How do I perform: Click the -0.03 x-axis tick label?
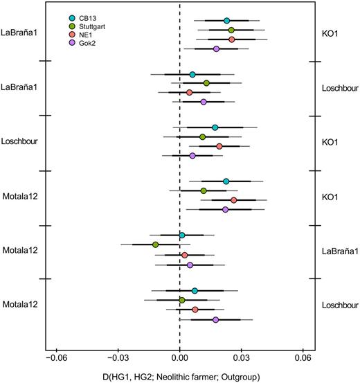point(118,359)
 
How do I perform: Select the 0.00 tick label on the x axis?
point(180,359)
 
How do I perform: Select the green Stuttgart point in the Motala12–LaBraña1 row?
point(156,245)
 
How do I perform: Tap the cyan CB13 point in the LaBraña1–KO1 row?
point(227,21)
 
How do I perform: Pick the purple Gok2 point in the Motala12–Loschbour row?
point(216,320)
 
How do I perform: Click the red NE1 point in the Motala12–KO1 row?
point(234,200)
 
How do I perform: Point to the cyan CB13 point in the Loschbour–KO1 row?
point(215,127)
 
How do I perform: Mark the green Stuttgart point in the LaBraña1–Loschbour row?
point(206,83)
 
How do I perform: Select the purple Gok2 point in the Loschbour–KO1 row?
point(192,156)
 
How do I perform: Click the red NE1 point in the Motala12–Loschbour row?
point(195,310)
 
